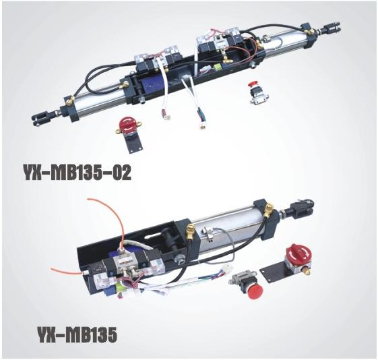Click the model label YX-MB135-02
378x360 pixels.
(x=77, y=173)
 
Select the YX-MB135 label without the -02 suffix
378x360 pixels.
(x=77, y=334)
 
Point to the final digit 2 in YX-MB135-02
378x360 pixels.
(x=126, y=173)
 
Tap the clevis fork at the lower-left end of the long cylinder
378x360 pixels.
(x=40, y=119)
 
